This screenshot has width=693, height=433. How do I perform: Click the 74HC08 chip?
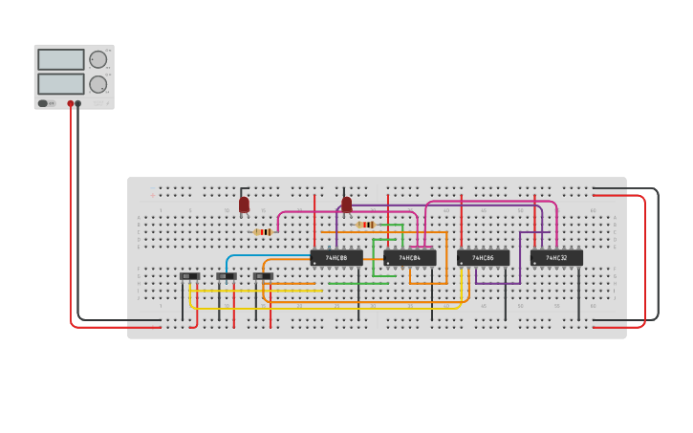(336, 257)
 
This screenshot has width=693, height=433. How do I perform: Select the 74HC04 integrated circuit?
(410, 257)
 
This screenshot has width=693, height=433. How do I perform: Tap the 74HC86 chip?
(483, 257)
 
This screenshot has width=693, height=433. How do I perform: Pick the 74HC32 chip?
(556, 257)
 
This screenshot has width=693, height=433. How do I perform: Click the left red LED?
(244, 204)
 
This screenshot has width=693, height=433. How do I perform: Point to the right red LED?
(347, 204)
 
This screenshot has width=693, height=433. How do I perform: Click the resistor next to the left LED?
(264, 231)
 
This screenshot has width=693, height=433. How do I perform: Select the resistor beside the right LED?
(366, 225)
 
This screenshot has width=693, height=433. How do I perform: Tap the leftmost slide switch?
(189, 276)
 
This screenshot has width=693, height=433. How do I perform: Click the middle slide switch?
(226, 276)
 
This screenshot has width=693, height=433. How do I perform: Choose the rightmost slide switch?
(263, 276)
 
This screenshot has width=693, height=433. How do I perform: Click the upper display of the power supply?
(61, 59)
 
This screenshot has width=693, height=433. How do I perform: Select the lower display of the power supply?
(61, 84)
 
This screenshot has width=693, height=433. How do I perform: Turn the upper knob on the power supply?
(97, 59)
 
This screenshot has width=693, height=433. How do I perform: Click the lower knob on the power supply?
(97, 84)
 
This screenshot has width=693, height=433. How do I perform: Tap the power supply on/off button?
(43, 103)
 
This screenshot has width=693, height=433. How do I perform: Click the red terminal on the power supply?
(70, 103)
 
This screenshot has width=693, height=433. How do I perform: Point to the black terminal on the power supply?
(78, 103)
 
